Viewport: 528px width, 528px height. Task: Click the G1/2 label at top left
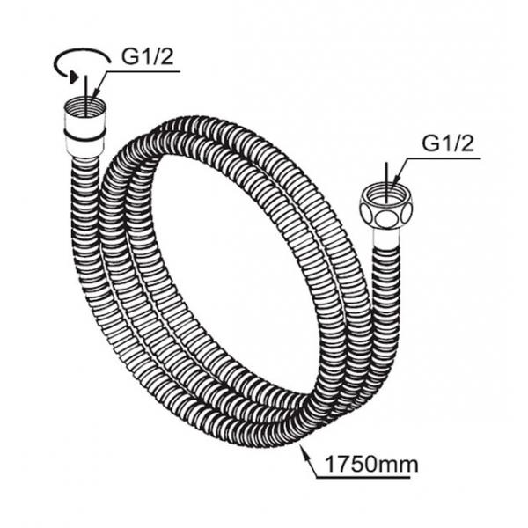tap(148, 57)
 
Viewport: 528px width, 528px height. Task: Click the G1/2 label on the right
tap(448, 143)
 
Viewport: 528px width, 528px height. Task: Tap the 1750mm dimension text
tap(371, 465)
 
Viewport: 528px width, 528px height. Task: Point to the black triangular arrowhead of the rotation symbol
tap(74, 77)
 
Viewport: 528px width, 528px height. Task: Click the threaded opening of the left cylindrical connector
tap(84, 106)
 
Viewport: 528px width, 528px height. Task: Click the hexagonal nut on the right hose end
tap(386, 209)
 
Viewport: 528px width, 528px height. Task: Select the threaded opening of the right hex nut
tap(386, 194)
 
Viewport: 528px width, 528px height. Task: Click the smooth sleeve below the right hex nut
tap(386, 239)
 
